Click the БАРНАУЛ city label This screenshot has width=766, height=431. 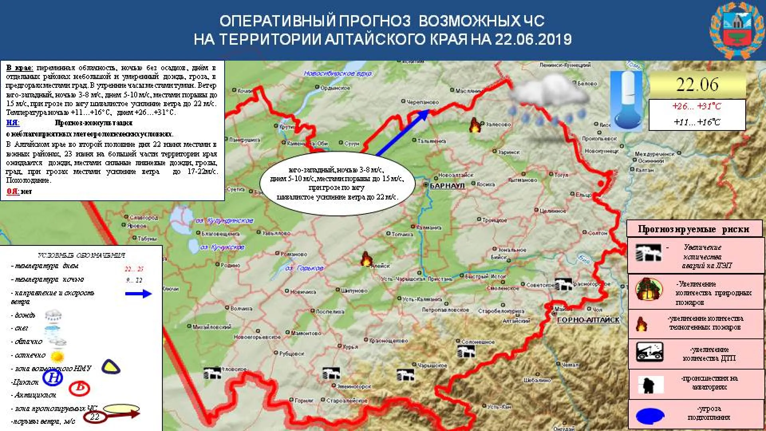click(447, 186)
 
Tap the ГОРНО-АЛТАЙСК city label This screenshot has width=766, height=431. click(588, 320)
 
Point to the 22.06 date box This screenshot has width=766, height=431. click(697, 85)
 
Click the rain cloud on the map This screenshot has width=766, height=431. click(549, 102)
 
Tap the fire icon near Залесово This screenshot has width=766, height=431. click(475, 125)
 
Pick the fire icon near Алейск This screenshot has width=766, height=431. click(366, 259)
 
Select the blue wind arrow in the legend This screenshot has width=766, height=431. click(138, 294)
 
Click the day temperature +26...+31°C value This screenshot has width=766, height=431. click(697, 107)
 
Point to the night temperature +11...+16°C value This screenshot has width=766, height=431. click(697, 122)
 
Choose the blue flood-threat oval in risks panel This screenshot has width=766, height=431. click(650, 416)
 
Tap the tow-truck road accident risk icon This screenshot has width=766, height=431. click(650, 352)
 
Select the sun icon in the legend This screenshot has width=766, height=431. click(58, 356)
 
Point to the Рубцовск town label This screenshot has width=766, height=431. click(292, 354)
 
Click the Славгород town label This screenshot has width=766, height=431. click(144, 217)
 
